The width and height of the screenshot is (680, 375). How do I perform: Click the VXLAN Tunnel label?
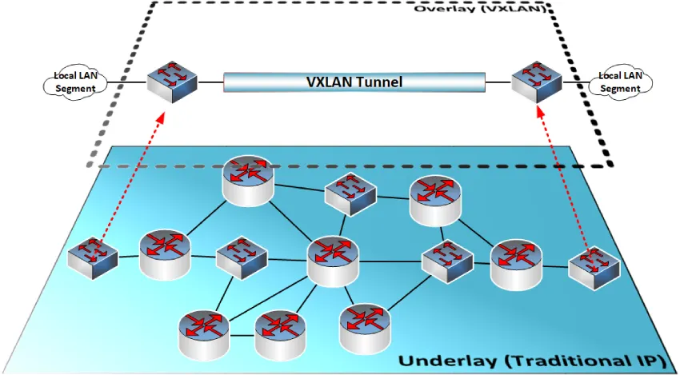(354, 82)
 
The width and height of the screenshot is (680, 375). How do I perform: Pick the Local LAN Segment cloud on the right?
(620, 82)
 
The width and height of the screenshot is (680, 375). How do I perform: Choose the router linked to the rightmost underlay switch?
(517, 263)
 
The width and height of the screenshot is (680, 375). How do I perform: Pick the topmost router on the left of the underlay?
(247, 180)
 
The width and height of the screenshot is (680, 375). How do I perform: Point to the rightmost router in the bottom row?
(364, 326)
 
